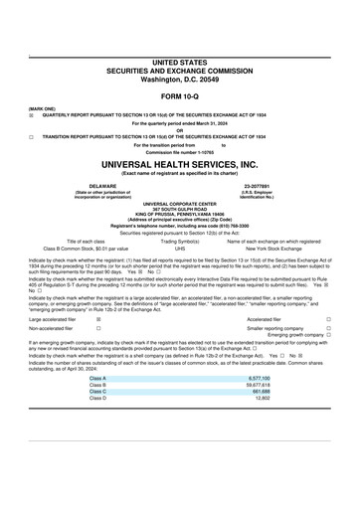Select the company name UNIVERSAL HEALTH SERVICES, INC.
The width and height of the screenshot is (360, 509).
(x=179, y=164)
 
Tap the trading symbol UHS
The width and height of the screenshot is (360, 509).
(x=180, y=249)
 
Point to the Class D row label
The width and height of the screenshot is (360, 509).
(x=97, y=400)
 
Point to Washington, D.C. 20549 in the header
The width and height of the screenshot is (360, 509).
(x=179, y=78)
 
